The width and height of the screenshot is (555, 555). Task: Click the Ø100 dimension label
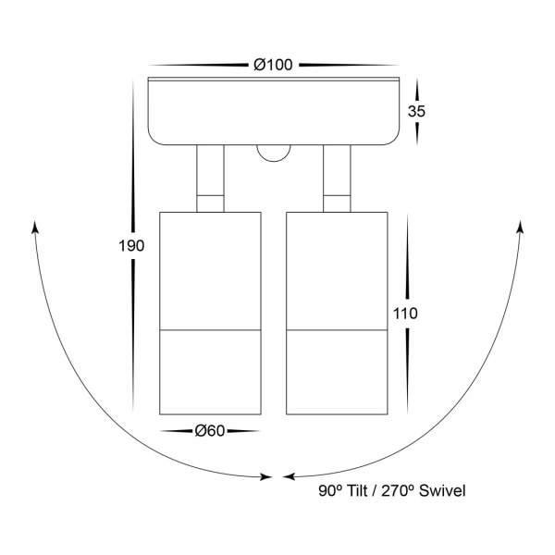click(274, 65)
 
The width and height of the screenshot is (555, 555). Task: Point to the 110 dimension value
click(406, 314)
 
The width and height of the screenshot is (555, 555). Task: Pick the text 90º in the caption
click(327, 490)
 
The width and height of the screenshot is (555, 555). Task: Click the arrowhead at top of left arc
click(35, 228)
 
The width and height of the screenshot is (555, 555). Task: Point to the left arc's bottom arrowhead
click(265, 477)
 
